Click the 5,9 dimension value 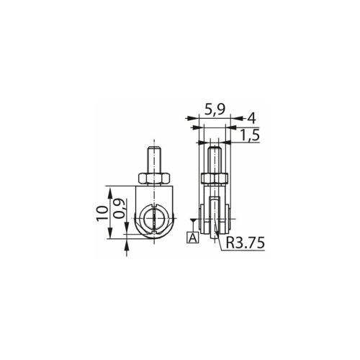click(215, 110)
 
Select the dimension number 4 click(251, 118)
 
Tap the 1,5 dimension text click(250, 136)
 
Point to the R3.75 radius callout click(246, 243)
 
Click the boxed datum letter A click(193, 238)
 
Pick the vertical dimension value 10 click(102, 213)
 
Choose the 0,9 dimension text click(120, 208)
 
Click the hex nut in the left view click(154, 179)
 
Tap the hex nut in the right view click(214, 179)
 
